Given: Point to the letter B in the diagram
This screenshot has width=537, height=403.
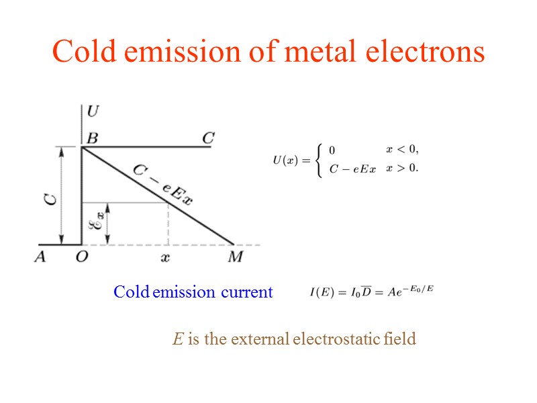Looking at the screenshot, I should [x=92, y=138].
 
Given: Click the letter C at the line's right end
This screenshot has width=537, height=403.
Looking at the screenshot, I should [x=208, y=138].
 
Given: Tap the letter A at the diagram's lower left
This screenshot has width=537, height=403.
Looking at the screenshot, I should [x=40, y=257].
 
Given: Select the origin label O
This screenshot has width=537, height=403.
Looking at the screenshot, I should [x=81, y=258].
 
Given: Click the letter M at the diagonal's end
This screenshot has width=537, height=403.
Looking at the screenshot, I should [x=235, y=257].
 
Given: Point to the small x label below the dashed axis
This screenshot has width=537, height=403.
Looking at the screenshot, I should [x=168, y=257].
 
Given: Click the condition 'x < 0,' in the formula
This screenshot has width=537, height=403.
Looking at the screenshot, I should [x=402, y=148].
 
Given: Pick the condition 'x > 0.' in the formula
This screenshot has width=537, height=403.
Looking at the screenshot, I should [x=402, y=168].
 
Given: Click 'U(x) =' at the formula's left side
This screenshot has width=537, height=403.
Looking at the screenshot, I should [x=290, y=160].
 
